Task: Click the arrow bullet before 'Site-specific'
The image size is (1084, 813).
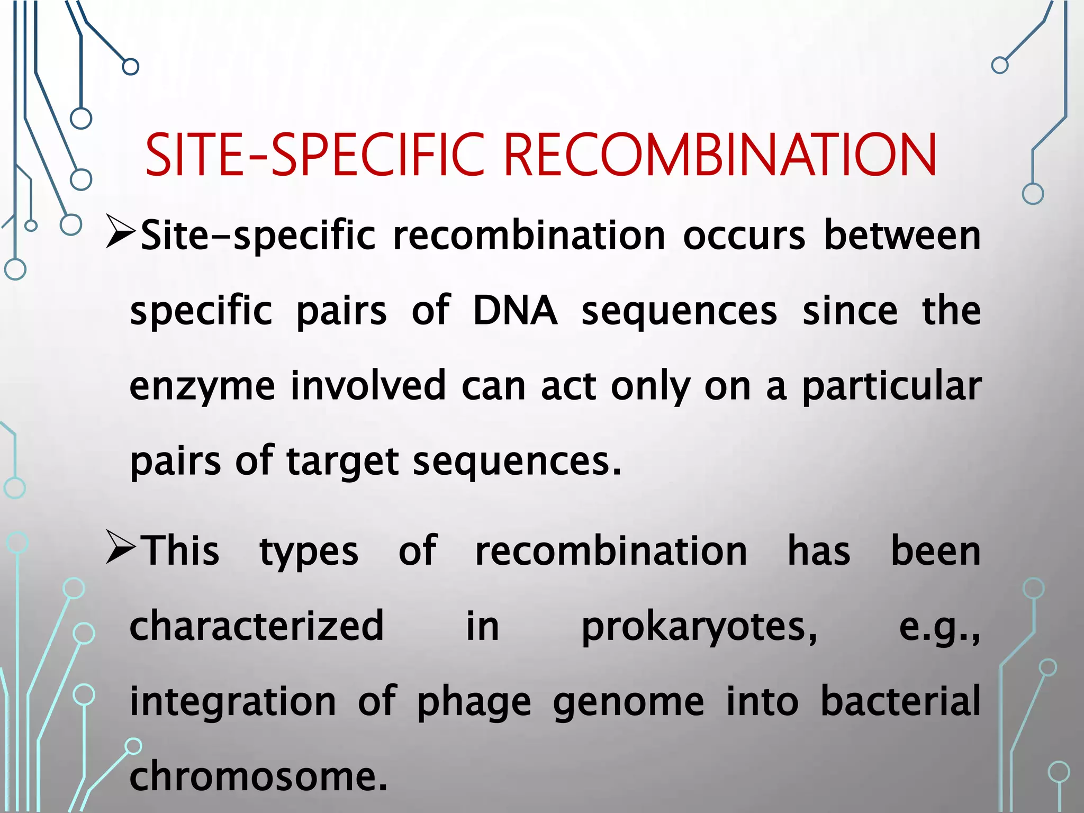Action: click(120, 231)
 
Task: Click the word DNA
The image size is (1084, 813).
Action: click(515, 311)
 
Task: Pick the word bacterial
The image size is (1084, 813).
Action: click(900, 701)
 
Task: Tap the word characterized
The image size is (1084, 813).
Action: click(257, 626)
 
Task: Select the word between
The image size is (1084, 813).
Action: click(902, 236)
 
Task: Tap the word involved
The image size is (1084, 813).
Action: click(368, 386)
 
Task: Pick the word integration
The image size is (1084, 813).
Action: click(233, 702)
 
